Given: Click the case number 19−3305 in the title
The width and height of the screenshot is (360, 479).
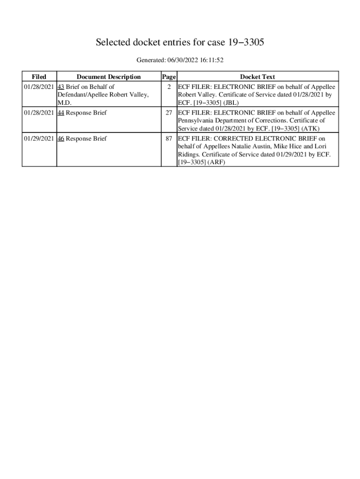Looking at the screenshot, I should [x=246, y=43].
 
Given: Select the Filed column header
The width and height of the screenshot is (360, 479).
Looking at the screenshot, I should [x=39, y=77].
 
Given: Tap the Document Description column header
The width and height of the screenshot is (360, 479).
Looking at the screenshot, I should [x=108, y=77].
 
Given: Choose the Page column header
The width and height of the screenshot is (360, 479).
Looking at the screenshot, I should [x=168, y=77].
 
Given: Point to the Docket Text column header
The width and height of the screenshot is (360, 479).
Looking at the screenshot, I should [x=257, y=77].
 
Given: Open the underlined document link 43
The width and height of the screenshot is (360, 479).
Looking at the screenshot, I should [x=60, y=87].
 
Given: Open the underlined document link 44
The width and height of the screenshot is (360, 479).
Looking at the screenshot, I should [x=60, y=113].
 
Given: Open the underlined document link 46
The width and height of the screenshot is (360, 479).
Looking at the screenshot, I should [x=60, y=138].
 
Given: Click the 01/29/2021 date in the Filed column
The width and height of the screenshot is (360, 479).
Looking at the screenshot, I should [x=39, y=138].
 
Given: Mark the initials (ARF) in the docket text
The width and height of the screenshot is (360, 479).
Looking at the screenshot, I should [x=216, y=162].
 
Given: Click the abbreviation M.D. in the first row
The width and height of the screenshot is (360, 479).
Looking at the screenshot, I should [x=65, y=102].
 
